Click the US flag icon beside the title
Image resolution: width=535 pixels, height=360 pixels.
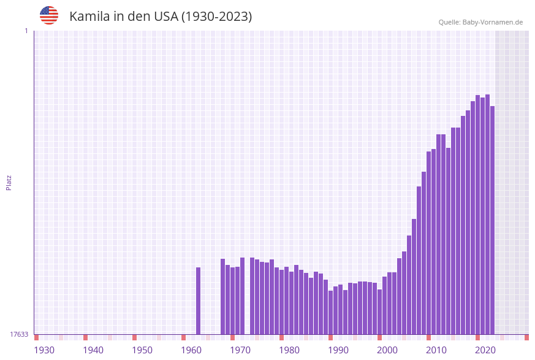click(49, 15)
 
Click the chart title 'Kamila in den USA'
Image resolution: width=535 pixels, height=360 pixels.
click(161, 17)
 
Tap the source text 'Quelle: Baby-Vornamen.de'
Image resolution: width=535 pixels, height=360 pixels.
click(480, 22)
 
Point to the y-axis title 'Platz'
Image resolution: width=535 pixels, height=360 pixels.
click(9, 182)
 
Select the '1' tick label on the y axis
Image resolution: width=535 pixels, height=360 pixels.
click(26, 31)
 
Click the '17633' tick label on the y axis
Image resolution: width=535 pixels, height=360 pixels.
click(19, 334)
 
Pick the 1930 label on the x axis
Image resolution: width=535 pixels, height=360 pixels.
click(44, 350)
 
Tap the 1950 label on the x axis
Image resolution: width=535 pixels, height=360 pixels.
click(142, 350)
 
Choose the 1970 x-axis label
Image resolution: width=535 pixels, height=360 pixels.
click(240, 350)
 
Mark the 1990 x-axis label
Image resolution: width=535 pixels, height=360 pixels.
click(338, 350)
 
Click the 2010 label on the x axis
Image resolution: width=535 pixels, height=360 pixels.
click(436, 350)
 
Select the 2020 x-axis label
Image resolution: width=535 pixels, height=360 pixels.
click(485, 350)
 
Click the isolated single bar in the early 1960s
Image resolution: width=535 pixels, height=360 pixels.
click(199, 301)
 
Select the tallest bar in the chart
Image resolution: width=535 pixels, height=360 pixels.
click(487, 215)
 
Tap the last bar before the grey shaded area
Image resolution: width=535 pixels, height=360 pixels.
click(492, 221)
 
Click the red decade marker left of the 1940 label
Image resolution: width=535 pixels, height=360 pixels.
click(86, 337)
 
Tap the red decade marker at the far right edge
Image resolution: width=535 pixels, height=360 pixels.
click(526, 337)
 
